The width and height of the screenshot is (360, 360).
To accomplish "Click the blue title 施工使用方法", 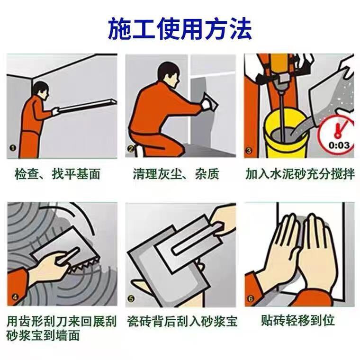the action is [x=180, y=28].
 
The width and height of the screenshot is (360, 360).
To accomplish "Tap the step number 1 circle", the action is [x=13, y=148].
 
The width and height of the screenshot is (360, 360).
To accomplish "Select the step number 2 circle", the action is [x=131, y=149].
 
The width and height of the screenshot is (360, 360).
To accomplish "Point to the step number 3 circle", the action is [x=249, y=151].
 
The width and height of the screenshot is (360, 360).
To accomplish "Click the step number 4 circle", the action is [x=15, y=297].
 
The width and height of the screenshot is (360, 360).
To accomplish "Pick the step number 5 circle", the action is [x=131, y=299].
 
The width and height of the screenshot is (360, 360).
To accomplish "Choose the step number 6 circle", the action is [x=251, y=299].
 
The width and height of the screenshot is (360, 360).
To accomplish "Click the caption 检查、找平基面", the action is [x=58, y=174].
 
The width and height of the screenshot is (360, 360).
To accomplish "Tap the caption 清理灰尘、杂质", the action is [x=176, y=174].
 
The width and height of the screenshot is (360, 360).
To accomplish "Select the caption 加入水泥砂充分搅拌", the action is [x=300, y=174].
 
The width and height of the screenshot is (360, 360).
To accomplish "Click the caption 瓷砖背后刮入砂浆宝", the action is [x=182, y=321].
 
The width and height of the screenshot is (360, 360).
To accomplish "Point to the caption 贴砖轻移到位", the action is [x=297, y=320].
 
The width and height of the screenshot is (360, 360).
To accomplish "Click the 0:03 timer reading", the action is [x=339, y=145].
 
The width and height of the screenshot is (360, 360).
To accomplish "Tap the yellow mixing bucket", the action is [x=286, y=135].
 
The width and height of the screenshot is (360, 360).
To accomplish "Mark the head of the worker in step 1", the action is [x=41, y=90].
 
